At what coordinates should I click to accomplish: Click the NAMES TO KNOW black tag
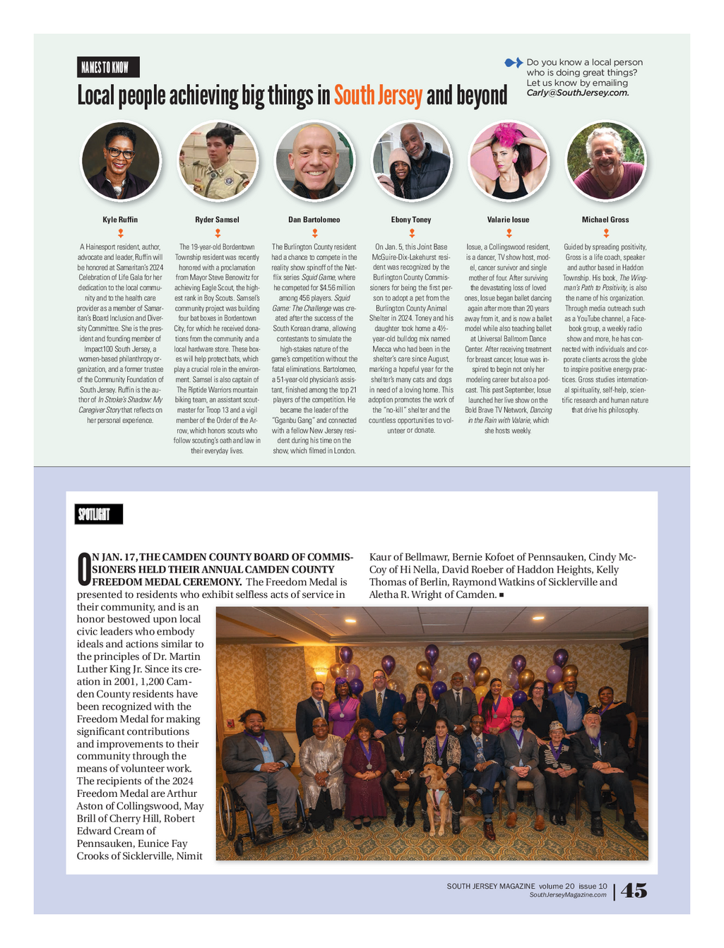108,67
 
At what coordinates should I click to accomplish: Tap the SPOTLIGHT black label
99,514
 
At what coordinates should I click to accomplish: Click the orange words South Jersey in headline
378,95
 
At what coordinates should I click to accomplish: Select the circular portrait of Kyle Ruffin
121,160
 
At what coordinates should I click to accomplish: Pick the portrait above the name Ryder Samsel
218,160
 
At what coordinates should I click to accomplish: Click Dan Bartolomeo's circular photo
314,160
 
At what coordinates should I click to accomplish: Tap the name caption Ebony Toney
411,220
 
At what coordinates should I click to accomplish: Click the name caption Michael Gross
605,220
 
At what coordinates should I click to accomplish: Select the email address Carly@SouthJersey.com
577,93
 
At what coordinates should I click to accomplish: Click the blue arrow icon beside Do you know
514,63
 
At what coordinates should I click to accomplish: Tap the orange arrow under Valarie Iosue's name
509,233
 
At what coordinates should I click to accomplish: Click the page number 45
634,891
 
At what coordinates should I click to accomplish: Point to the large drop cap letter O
83,570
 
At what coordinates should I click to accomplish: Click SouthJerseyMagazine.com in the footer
568,895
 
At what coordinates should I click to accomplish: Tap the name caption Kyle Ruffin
120,220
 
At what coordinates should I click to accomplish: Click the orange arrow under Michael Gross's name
606,233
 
